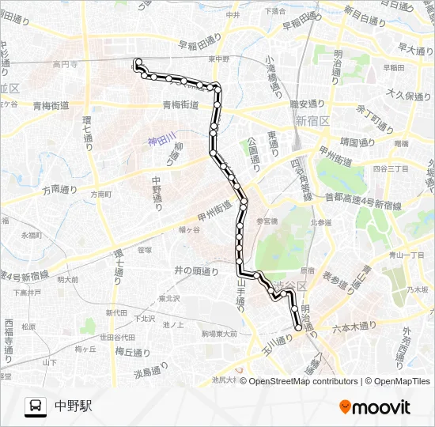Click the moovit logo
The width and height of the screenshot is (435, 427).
coord(375,406)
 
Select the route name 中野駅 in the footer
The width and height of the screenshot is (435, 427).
coord(74,406)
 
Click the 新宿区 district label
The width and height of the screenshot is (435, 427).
coord(311,121)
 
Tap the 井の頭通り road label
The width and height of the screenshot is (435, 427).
coord(196,271)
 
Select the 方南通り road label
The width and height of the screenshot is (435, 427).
coord(60,190)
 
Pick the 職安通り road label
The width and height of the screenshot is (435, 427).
coord(308,104)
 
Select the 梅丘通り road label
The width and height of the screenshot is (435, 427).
coord(130,351)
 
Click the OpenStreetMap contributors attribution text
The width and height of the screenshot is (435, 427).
coord(302,381)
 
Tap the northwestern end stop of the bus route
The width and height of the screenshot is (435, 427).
coord(138,62)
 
